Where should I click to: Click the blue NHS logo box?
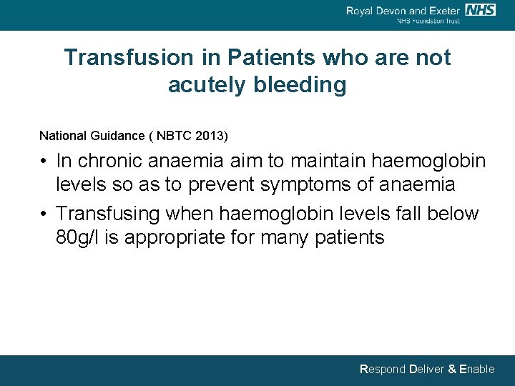tap(480, 10)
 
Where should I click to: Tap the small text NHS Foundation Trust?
tap(428, 21)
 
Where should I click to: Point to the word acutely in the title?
tap(207, 85)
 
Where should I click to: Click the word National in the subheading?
tap(60, 135)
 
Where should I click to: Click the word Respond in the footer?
tap(382, 370)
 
